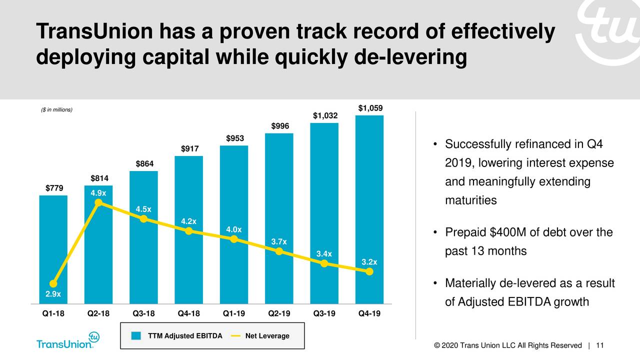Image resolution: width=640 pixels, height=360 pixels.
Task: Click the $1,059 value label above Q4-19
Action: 370,109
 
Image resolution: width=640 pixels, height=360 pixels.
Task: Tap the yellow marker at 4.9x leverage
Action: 98,202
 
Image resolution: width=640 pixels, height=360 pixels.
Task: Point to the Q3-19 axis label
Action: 324,314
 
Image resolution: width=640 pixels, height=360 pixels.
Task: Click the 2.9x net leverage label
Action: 53,294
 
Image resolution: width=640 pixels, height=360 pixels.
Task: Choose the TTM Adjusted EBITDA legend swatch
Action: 136,336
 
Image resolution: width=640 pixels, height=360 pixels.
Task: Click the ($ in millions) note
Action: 56,110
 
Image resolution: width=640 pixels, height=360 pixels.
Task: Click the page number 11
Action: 600,345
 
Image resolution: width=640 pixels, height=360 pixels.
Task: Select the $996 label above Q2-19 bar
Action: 279,126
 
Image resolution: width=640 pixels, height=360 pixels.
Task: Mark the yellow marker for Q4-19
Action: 369,271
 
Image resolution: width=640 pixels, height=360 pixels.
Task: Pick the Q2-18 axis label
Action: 98,314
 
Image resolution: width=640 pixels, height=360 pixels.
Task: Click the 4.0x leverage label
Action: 233,229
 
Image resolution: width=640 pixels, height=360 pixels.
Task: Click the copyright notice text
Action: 508,345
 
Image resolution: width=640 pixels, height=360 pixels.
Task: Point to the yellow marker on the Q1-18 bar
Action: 53,283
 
